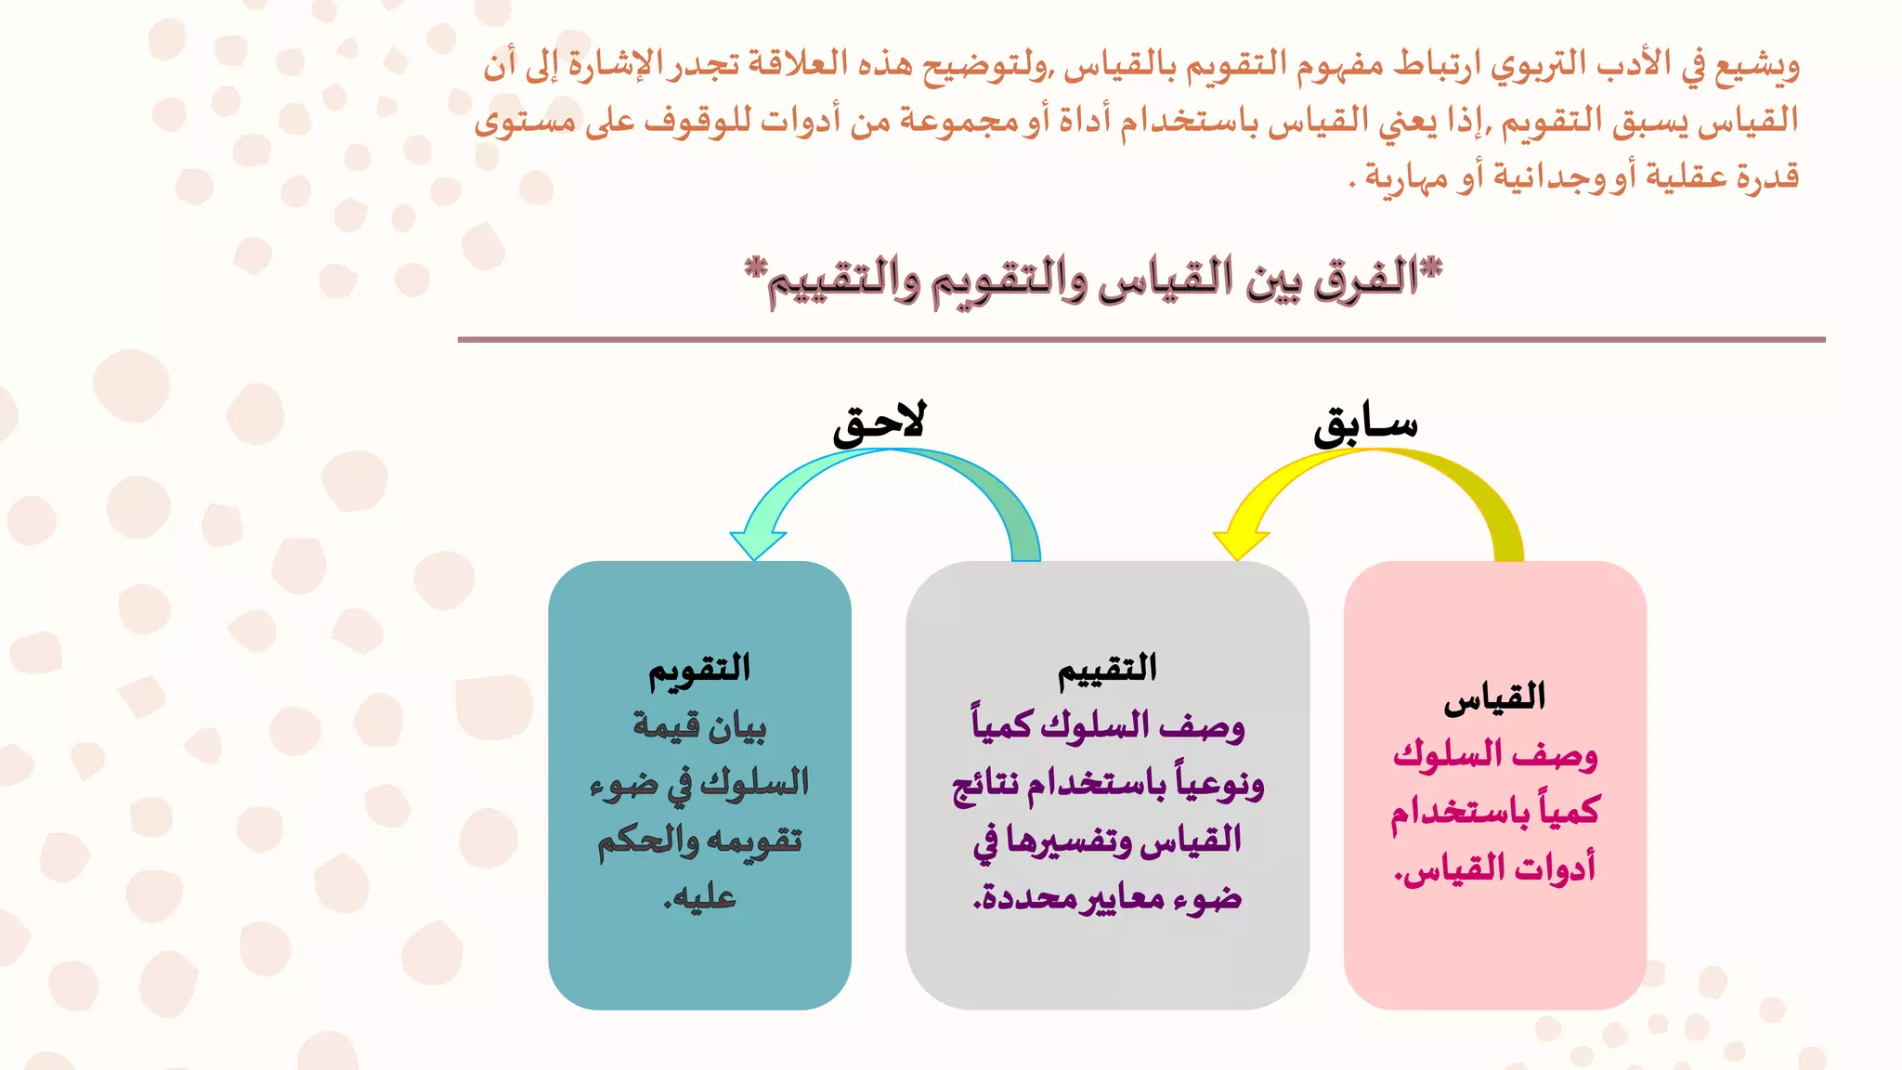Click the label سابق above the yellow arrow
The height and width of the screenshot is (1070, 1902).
pos(1365,425)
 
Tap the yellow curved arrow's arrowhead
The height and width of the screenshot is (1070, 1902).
pos(1239,542)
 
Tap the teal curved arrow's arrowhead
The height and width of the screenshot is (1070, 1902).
pos(757,543)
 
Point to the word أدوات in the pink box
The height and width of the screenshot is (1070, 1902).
pos(1555,868)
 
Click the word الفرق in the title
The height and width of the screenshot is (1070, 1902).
pos(1365,279)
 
